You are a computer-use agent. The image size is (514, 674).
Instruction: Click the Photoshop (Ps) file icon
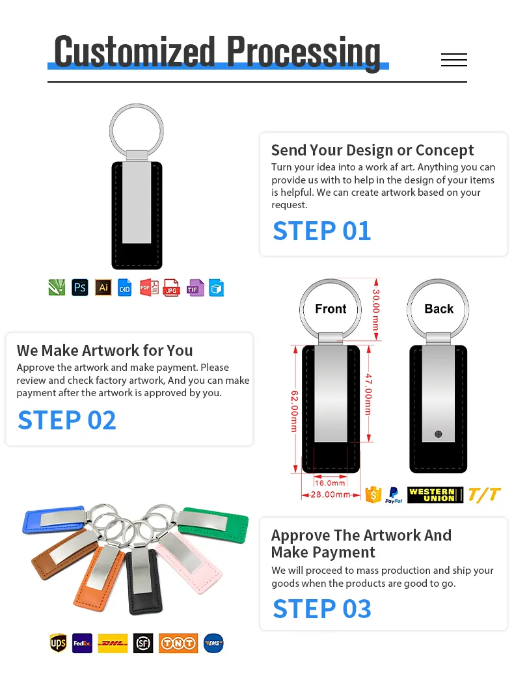coord(80,287)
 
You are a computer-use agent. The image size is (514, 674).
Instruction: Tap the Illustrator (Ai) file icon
coord(103,287)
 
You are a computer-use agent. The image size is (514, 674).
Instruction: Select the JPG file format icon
coord(171,288)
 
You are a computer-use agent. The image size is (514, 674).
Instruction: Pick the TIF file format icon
coord(195,288)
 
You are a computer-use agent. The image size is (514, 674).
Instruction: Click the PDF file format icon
coord(149,288)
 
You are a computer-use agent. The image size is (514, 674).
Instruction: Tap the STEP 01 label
coord(321,231)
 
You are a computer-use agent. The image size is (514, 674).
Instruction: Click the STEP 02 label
coord(66,420)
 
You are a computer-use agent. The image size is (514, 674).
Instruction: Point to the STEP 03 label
coord(322,609)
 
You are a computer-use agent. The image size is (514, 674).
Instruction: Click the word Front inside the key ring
coord(331,308)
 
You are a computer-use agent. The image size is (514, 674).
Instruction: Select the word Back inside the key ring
coord(439,308)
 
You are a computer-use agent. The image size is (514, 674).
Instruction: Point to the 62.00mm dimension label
coord(294,411)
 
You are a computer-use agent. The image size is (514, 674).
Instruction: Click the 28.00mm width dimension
coord(330,494)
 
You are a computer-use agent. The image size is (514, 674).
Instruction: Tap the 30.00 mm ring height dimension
coord(375,310)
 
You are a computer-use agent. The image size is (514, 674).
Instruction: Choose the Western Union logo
coord(435,494)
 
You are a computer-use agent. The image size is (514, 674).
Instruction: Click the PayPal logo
coord(393,494)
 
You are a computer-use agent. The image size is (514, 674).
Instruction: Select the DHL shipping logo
coord(113,643)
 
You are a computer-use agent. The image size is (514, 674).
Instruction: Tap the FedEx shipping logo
coord(82,643)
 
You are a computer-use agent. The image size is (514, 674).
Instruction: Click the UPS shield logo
coord(58,643)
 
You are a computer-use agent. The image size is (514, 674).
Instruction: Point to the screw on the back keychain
coord(439,434)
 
